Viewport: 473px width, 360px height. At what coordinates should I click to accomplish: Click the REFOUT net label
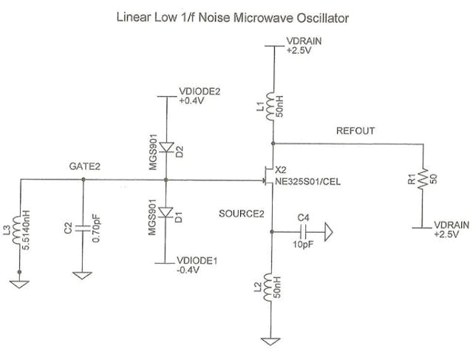[355, 131]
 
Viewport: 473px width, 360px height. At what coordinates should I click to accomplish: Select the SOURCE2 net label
[241, 214]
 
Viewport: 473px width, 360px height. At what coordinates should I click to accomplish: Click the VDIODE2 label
[200, 92]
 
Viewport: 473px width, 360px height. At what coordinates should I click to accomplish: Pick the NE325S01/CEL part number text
[313, 182]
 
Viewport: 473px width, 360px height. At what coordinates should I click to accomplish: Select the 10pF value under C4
[301, 244]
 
